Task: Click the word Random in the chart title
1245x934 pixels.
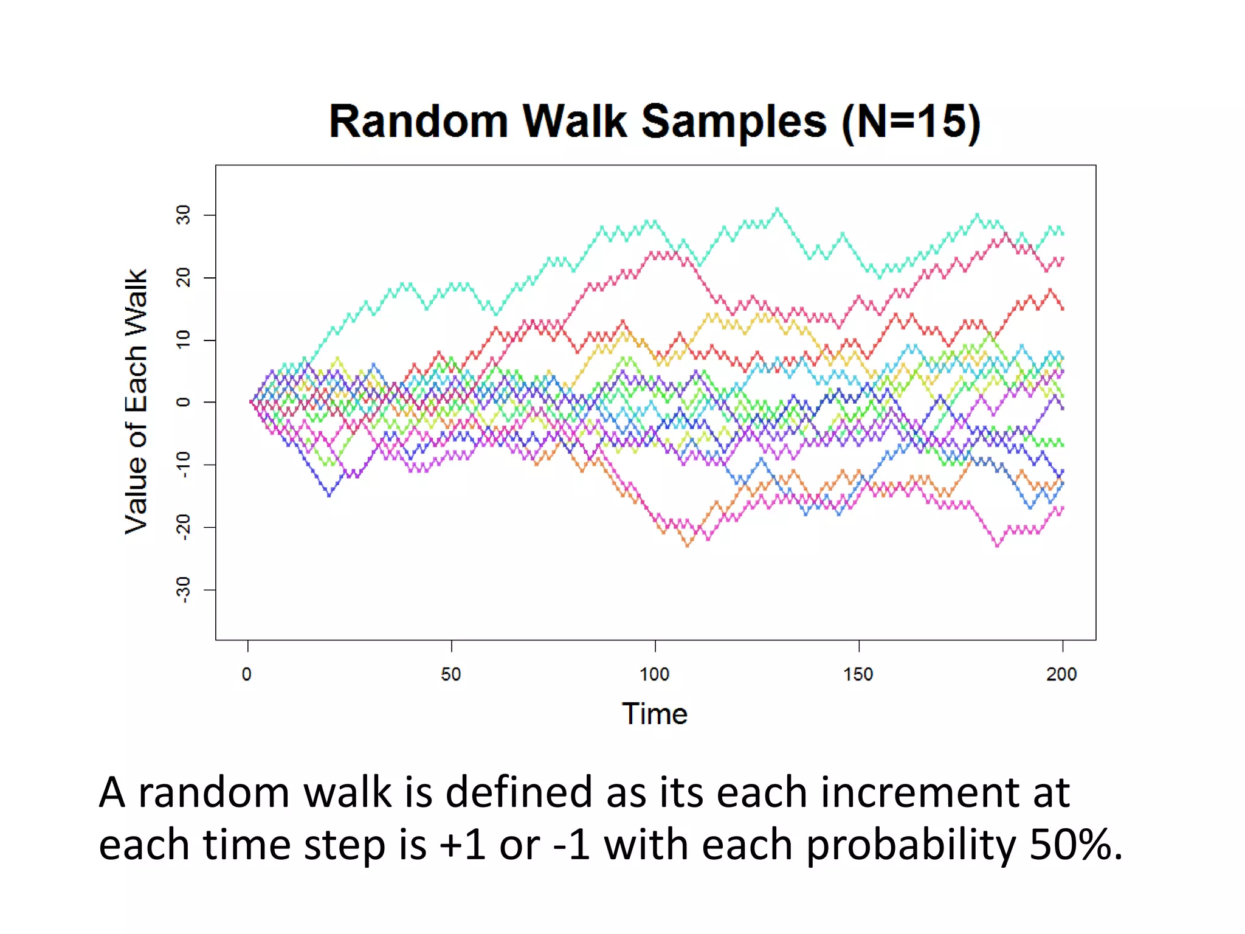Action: point(418,122)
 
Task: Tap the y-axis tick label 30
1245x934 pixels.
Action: point(183,215)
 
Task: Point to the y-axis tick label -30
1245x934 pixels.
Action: point(183,589)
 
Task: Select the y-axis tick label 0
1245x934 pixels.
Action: point(183,402)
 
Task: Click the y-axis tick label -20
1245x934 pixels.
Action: point(183,527)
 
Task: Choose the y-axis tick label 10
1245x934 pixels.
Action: point(183,339)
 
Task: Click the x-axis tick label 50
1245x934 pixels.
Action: point(451,674)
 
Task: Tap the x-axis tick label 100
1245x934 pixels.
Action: point(655,674)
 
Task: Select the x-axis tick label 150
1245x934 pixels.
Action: point(858,674)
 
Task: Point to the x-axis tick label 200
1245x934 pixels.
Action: point(1061,674)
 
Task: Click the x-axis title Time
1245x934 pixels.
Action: point(655,714)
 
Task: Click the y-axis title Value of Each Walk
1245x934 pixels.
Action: point(136,401)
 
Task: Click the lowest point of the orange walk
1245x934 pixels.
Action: point(688,545)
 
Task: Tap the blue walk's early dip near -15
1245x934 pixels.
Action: point(329,496)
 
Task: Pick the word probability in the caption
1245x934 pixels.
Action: point(911,845)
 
